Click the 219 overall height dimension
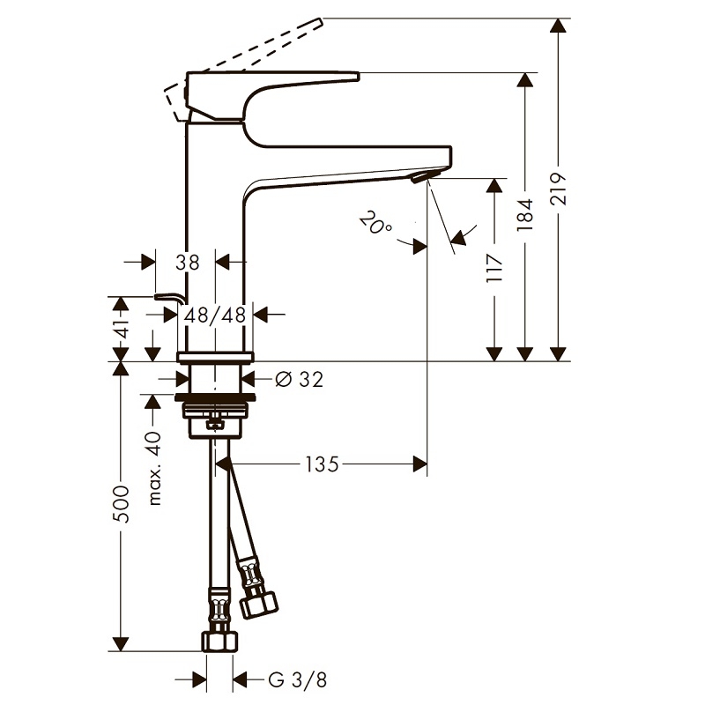click(558, 189)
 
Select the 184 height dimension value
click(524, 215)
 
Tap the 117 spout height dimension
click(494, 269)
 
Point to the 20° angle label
click(376, 223)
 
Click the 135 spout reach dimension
click(322, 464)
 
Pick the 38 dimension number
click(187, 262)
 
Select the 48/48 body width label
click(215, 315)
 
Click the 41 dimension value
click(122, 329)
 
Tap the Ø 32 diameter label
click(299, 380)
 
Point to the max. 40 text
click(154, 468)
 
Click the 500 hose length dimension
click(121, 503)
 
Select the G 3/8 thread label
click(297, 679)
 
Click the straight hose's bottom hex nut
click(219, 641)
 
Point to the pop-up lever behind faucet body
click(169, 299)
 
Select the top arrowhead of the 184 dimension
click(524, 79)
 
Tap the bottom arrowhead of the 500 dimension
click(121, 644)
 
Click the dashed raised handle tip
click(320, 23)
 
